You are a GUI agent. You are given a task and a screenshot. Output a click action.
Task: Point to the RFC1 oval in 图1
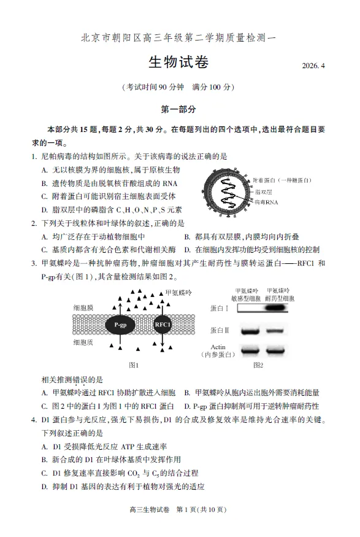163,323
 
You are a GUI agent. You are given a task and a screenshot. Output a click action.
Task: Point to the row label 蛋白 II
219,331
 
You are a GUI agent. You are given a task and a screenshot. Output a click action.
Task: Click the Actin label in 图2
218,347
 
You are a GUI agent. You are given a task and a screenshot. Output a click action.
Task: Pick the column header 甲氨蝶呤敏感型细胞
248,293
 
